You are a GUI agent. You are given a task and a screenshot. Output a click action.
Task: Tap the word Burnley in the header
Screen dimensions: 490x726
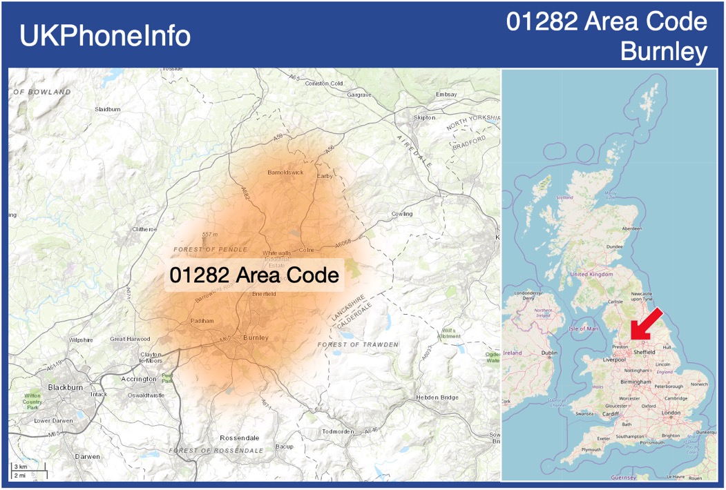(664, 51)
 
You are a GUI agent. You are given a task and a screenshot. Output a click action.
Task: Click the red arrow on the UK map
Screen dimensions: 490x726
(648, 324)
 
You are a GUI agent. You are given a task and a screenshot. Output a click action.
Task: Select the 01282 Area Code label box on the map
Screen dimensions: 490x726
(254, 275)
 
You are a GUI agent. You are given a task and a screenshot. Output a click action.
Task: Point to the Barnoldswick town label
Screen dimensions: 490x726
(285, 173)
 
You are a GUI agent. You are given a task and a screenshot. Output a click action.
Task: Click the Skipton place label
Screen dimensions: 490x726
(424, 118)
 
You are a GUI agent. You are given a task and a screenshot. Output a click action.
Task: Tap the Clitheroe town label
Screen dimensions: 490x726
(144, 229)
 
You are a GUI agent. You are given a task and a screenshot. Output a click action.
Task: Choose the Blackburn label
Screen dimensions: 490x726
(65, 387)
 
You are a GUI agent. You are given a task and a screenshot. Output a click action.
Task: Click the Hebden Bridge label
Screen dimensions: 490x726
(437, 398)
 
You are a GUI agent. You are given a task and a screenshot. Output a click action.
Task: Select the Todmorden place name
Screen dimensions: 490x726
(338, 431)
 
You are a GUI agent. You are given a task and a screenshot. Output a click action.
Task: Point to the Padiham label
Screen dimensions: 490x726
(202, 321)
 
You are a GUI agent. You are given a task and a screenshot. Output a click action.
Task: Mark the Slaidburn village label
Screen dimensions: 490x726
(108, 109)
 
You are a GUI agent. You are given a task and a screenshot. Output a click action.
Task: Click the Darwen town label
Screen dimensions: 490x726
(88, 456)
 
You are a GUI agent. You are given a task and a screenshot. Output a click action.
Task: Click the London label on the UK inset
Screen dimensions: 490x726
(671, 413)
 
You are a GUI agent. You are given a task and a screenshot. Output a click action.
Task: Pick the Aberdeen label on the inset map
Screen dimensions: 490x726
(631, 228)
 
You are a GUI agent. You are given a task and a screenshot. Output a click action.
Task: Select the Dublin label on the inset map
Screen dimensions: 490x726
(550, 353)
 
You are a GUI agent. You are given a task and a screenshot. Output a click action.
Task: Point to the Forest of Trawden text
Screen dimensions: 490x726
(358, 344)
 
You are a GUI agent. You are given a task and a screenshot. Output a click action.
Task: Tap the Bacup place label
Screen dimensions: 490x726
(285, 447)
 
